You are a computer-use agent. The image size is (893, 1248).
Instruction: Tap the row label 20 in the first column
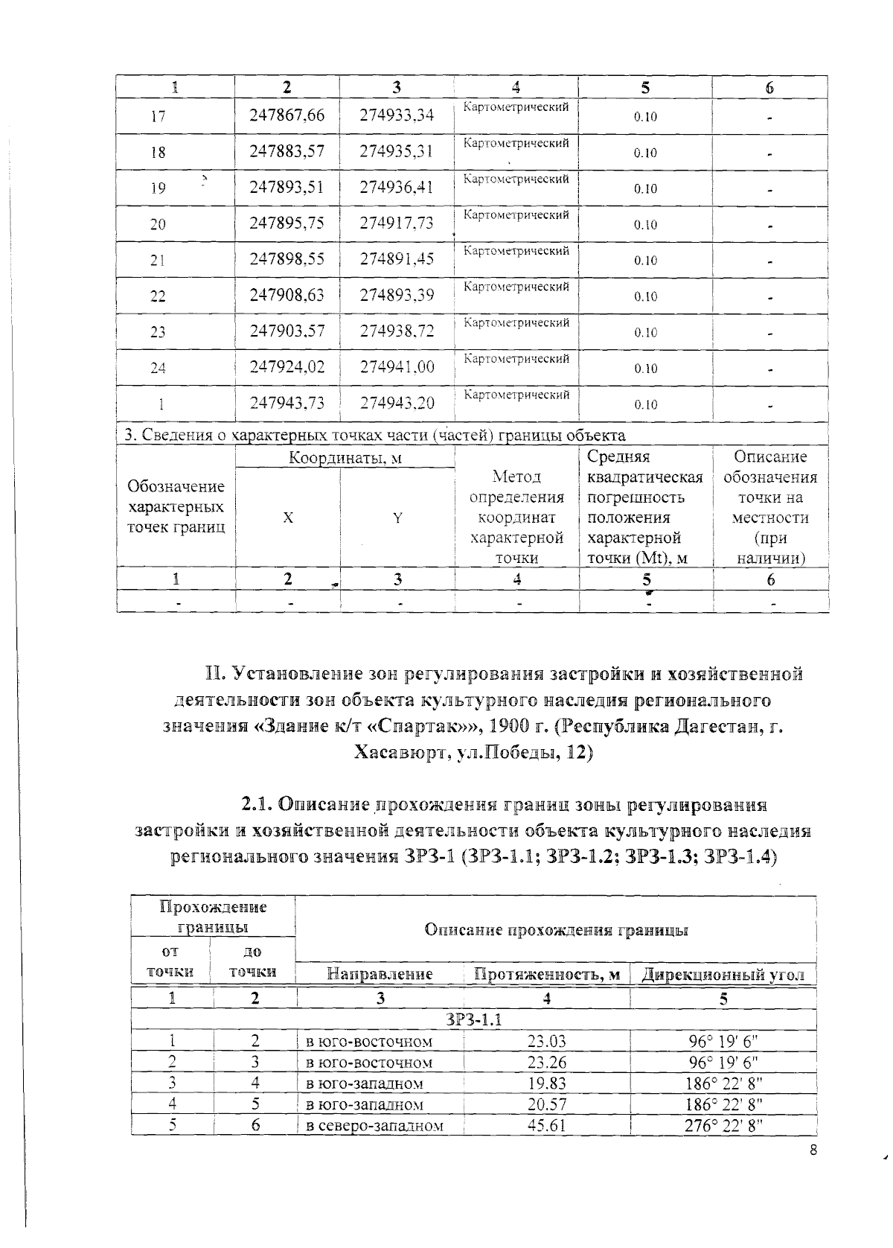coord(158,224)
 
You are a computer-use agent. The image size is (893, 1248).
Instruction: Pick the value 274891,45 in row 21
coord(397,259)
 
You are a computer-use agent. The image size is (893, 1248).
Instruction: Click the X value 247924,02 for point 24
coord(287,367)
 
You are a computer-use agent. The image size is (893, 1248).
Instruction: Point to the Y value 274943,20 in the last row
coord(397,403)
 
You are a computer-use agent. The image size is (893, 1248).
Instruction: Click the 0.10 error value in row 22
coord(645,296)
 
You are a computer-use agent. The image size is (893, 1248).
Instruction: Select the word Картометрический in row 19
coord(516,179)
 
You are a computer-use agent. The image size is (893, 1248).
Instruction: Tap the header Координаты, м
coord(345,458)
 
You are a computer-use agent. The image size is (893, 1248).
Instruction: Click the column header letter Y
coord(397,518)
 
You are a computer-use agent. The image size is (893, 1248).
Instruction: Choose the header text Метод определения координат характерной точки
coord(516,517)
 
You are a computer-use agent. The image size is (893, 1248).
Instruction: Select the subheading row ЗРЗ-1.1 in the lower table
coord(473,1019)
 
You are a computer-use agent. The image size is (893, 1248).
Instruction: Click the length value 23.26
coord(546,1062)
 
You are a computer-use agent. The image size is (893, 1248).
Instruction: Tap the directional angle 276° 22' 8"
coord(723,1125)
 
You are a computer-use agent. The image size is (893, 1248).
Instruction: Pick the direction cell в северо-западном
coord(375,1126)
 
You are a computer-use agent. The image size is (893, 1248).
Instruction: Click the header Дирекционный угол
coord(723,975)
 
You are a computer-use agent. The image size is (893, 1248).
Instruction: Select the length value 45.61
coord(546,1125)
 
